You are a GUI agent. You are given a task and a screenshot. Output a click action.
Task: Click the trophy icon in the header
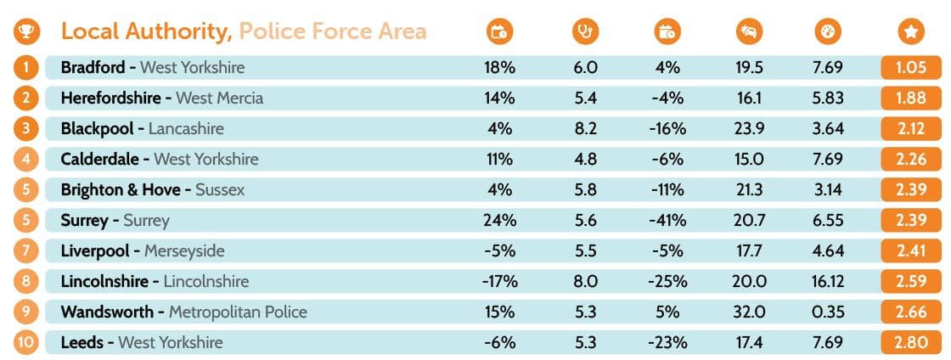(x=26, y=32)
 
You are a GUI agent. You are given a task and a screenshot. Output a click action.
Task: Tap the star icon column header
(x=910, y=32)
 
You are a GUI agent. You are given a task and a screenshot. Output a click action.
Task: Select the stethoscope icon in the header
(x=585, y=32)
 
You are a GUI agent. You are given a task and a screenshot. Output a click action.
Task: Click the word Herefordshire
(x=110, y=98)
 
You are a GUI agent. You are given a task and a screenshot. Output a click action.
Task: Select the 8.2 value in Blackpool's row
(x=585, y=129)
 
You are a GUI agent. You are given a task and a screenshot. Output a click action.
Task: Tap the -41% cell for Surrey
(x=668, y=221)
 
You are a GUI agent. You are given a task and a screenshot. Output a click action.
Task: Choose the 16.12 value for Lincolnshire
(x=824, y=282)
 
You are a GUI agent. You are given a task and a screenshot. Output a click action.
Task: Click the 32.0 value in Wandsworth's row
(x=749, y=312)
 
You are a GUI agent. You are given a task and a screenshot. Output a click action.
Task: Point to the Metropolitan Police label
(x=238, y=312)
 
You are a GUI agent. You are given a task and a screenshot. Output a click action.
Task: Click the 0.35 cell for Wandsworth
(x=824, y=312)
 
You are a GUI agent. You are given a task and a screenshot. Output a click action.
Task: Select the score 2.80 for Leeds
(x=910, y=343)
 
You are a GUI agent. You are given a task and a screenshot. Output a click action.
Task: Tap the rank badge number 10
(x=26, y=343)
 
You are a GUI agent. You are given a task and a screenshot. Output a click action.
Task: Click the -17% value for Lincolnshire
(x=499, y=282)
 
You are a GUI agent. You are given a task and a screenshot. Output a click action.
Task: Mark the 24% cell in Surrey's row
(x=499, y=221)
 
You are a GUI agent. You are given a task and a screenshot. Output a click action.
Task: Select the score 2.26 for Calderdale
(x=910, y=160)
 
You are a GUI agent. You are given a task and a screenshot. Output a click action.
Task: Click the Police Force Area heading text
(x=332, y=32)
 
